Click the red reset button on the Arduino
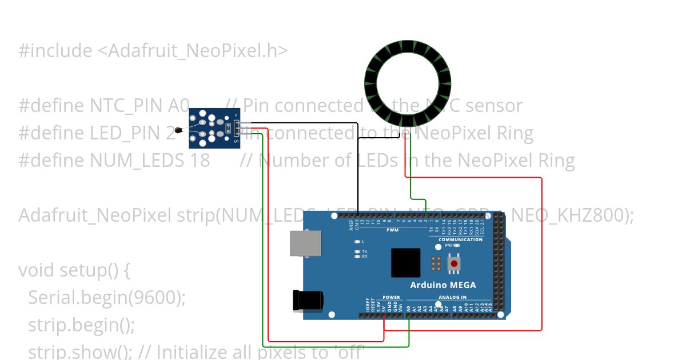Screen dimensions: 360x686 click(454, 263)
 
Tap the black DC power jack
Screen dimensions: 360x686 click(308, 300)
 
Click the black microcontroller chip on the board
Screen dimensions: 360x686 click(405, 263)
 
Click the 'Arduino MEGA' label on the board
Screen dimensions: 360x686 click(442, 285)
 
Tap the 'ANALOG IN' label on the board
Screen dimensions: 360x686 click(452, 297)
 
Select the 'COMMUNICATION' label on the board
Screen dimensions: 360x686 click(461, 239)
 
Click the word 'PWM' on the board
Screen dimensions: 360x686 click(392, 230)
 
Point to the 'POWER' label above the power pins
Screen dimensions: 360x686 click(391, 297)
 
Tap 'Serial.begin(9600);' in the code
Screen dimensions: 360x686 click(107, 298)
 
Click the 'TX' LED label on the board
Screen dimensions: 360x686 click(364, 251)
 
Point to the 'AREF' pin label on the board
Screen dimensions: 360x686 click(352, 224)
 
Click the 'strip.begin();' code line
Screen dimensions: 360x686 click(82, 325)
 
